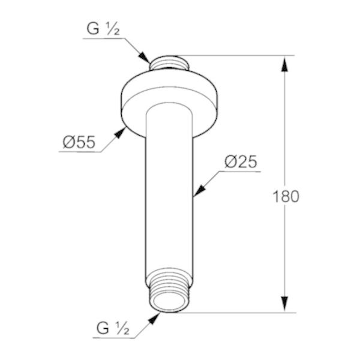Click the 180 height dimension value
coord(286,197)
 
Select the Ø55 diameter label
coord(79,142)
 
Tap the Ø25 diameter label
coord(241,161)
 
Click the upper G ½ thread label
coord(103,29)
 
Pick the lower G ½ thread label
coord(113,328)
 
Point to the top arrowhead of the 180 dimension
coord(284,64)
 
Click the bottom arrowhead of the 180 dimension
coord(284,304)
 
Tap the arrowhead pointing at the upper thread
coord(144,57)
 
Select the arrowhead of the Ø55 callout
coord(120,133)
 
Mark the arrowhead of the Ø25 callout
coord(199,190)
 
